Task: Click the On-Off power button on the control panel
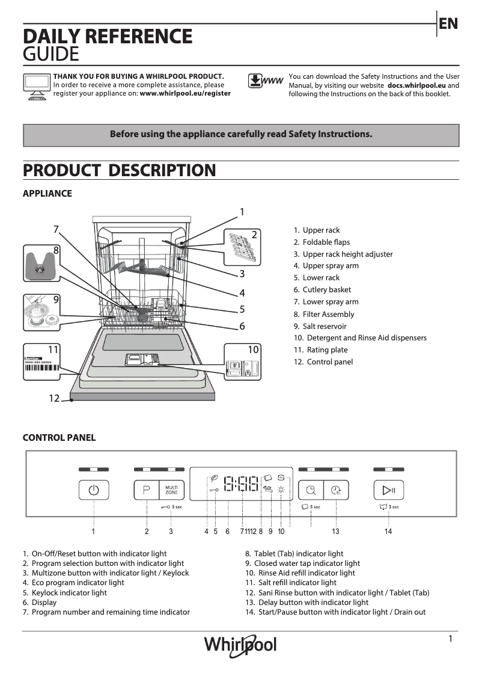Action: tap(93, 490)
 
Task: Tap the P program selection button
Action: tap(146, 490)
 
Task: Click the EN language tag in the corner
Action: tap(448, 24)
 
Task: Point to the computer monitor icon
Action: tap(37, 86)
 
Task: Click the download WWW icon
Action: tap(265, 81)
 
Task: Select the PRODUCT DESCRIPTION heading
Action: tap(119, 171)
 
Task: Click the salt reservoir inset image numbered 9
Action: tap(41, 312)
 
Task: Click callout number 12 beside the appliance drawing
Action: tap(54, 398)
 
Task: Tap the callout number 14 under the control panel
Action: tap(388, 532)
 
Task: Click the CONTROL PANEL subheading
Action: tap(59, 438)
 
